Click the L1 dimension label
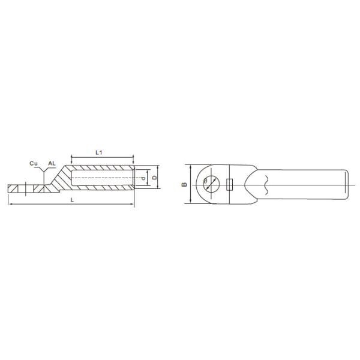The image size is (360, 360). click(x=99, y=152)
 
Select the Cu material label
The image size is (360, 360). click(x=34, y=163)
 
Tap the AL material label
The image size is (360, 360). click(x=52, y=163)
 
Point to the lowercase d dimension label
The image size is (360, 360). click(x=144, y=178)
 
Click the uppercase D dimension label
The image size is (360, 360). click(x=155, y=178)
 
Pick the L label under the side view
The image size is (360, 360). click(x=73, y=200)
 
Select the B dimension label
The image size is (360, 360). click(x=184, y=184)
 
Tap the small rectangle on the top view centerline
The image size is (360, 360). click(x=230, y=185)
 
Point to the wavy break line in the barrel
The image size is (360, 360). click(x=266, y=185)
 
